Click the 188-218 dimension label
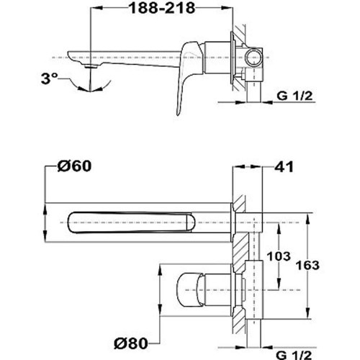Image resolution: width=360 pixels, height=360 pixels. [x=162, y=9]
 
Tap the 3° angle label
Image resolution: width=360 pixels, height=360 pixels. [x=50, y=78]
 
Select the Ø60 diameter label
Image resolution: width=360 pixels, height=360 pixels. [x=74, y=166]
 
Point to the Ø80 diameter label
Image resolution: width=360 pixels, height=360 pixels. [x=131, y=343]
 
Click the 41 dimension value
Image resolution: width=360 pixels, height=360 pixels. [x=284, y=166]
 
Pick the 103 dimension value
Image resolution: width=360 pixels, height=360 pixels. [x=279, y=256]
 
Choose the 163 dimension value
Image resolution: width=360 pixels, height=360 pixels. [x=307, y=266]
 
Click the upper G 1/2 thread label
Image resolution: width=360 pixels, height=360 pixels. [x=294, y=96]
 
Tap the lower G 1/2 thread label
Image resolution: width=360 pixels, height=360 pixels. [x=294, y=355]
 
